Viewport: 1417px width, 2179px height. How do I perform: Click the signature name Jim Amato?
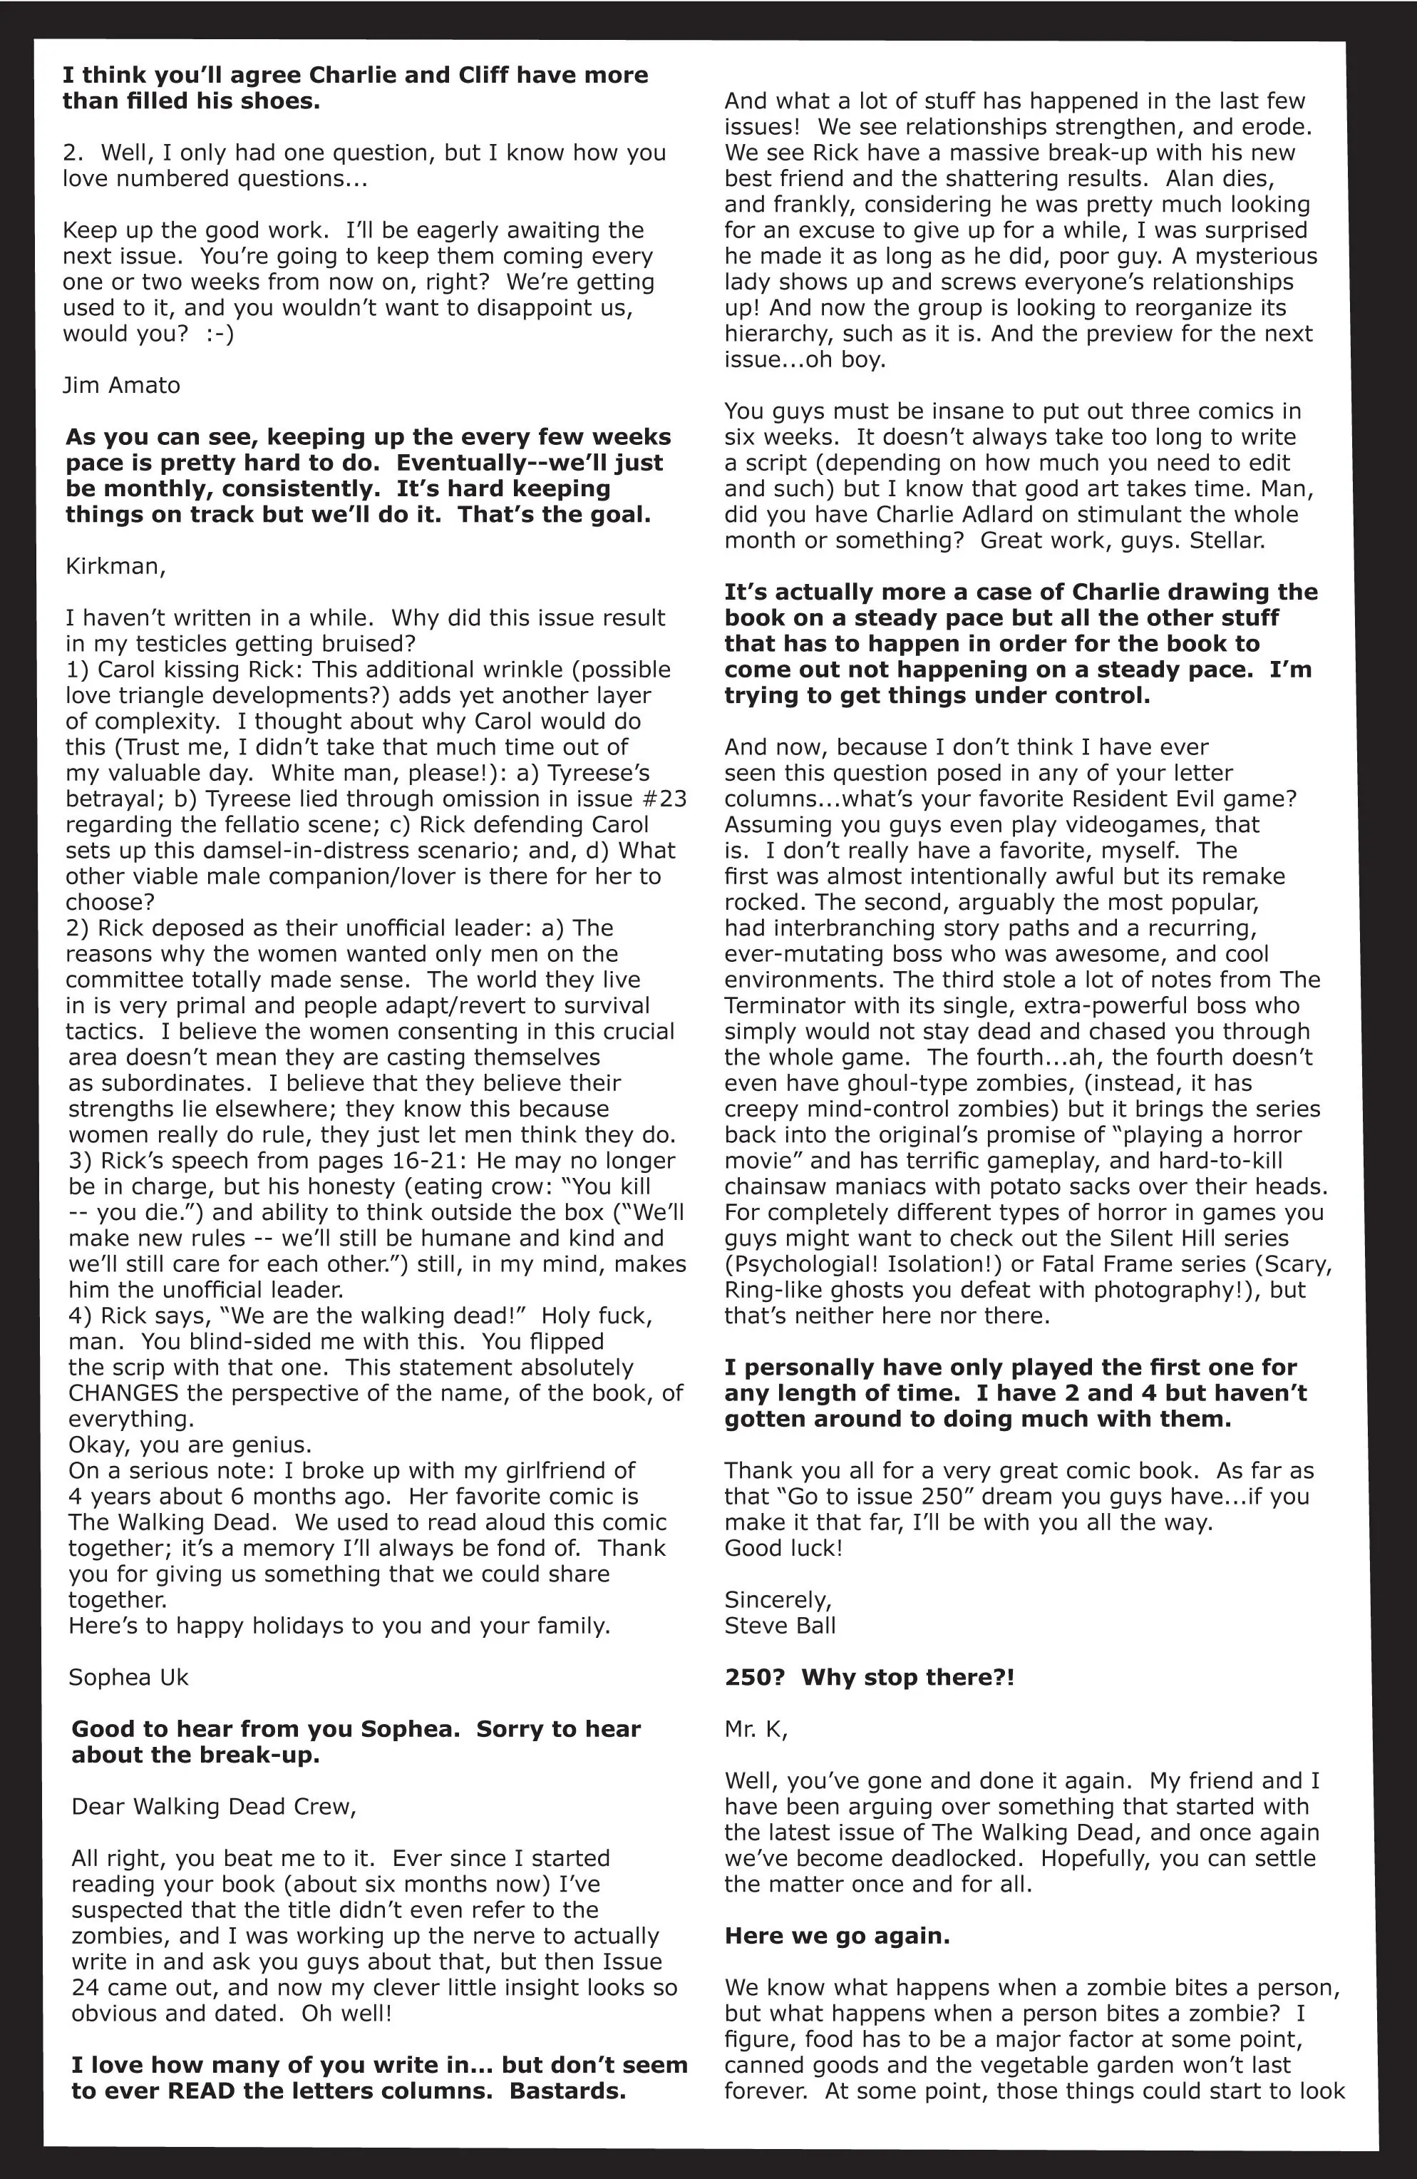click(121, 386)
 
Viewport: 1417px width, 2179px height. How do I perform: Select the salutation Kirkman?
click(115, 567)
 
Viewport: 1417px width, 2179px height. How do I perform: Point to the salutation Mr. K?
click(756, 1730)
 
